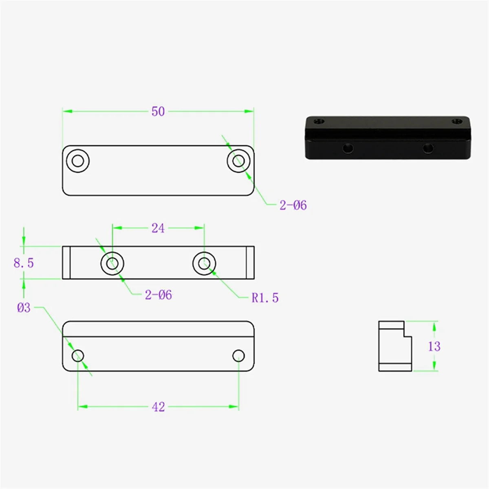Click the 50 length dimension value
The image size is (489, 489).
pyautogui.click(x=158, y=111)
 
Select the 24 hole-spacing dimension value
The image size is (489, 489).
pyautogui.click(x=158, y=228)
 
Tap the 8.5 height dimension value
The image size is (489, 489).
pyautogui.click(x=24, y=263)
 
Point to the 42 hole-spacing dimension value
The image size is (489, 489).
pyautogui.click(x=159, y=407)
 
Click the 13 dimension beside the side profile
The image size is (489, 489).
pyautogui.click(x=434, y=346)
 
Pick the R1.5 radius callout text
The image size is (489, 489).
pyautogui.click(x=265, y=298)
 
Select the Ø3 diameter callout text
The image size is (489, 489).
pyautogui.click(x=24, y=308)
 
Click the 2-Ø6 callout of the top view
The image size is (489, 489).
pyautogui.click(x=293, y=205)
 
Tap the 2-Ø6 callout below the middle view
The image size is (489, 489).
pyautogui.click(x=159, y=295)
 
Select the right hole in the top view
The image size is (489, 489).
pyautogui.click(x=239, y=161)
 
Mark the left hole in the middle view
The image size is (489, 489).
pyautogui.click(x=112, y=263)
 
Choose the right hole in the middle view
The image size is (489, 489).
pyautogui.click(x=204, y=263)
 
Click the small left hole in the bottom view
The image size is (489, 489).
pyautogui.click(x=78, y=356)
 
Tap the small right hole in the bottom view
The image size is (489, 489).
pyautogui.click(x=238, y=356)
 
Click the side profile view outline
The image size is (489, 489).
pyautogui.click(x=394, y=346)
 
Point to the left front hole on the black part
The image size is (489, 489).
pyautogui.click(x=348, y=148)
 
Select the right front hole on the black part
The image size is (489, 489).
pyautogui.click(x=427, y=148)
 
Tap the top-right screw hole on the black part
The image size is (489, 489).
pyautogui.click(x=458, y=121)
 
